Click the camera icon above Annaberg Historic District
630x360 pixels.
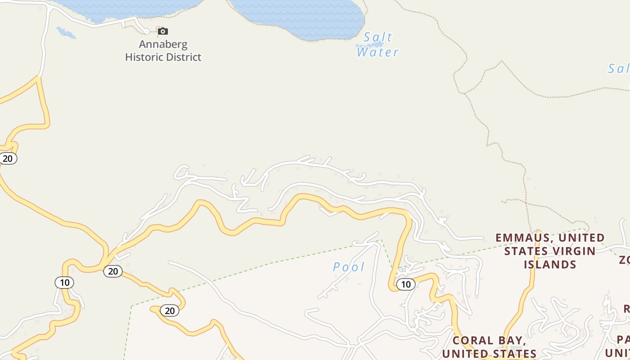click(x=163, y=31)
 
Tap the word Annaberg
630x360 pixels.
click(x=163, y=44)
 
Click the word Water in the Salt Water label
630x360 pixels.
click(x=378, y=52)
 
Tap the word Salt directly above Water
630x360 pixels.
click(x=378, y=37)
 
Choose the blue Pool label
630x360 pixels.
click(x=349, y=267)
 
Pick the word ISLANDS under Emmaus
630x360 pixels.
click(x=550, y=264)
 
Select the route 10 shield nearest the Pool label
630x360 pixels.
click(x=405, y=284)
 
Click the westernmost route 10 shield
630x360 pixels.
click(x=64, y=283)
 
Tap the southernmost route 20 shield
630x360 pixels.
click(x=170, y=310)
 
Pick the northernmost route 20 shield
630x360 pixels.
click(x=8, y=158)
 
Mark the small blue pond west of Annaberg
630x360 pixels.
click(x=66, y=32)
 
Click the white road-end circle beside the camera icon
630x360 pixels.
click(x=146, y=31)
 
